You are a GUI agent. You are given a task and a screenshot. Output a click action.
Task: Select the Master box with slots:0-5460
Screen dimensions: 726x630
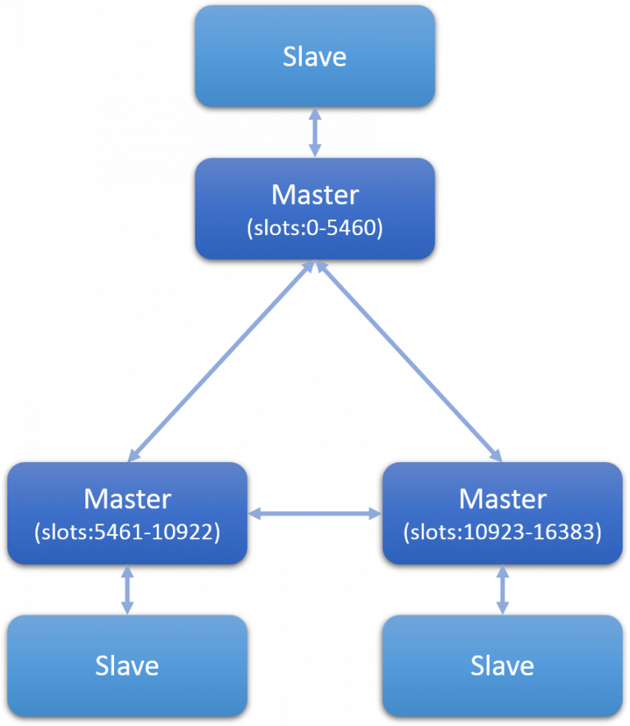pos(314,209)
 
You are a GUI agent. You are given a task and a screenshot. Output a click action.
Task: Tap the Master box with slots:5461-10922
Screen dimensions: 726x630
pos(127,514)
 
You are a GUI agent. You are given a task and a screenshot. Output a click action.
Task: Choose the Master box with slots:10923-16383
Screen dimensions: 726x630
pos(502,514)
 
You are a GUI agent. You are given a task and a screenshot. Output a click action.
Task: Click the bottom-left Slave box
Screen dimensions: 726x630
pos(127,665)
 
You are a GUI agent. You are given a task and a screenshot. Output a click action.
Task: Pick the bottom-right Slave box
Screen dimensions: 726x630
pos(502,665)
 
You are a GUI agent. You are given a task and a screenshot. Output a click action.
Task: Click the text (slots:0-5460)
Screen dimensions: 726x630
pos(315,229)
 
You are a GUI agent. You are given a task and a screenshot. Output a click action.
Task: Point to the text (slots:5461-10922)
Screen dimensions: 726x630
pos(127,533)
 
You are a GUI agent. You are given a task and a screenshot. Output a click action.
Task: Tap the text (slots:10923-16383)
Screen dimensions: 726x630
pos(502,533)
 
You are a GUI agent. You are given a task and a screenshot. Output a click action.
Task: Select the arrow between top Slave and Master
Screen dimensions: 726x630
pos(315,132)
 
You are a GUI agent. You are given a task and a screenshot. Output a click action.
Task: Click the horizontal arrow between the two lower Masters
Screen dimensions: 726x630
pos(315,514)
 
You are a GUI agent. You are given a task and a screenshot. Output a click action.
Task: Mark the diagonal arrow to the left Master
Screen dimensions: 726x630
pos(221,361)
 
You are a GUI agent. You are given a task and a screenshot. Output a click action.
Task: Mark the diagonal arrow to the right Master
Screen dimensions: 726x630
pos(409,361)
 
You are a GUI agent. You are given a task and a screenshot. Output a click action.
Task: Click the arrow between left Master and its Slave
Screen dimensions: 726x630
pos(127,589)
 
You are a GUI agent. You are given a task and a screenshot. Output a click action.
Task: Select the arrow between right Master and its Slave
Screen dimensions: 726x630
pos(502,589)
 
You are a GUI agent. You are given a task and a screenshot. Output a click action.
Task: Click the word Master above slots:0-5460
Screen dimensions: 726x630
pos(315,195)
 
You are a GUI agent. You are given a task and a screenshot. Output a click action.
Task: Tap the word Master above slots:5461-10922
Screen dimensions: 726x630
pos(127,499)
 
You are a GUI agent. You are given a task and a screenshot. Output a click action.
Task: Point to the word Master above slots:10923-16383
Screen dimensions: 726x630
pos(502,499)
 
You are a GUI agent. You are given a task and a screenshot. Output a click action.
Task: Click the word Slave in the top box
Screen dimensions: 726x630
pos(315,57)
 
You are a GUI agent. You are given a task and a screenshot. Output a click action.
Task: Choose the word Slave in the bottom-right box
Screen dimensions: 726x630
pos(502,665)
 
